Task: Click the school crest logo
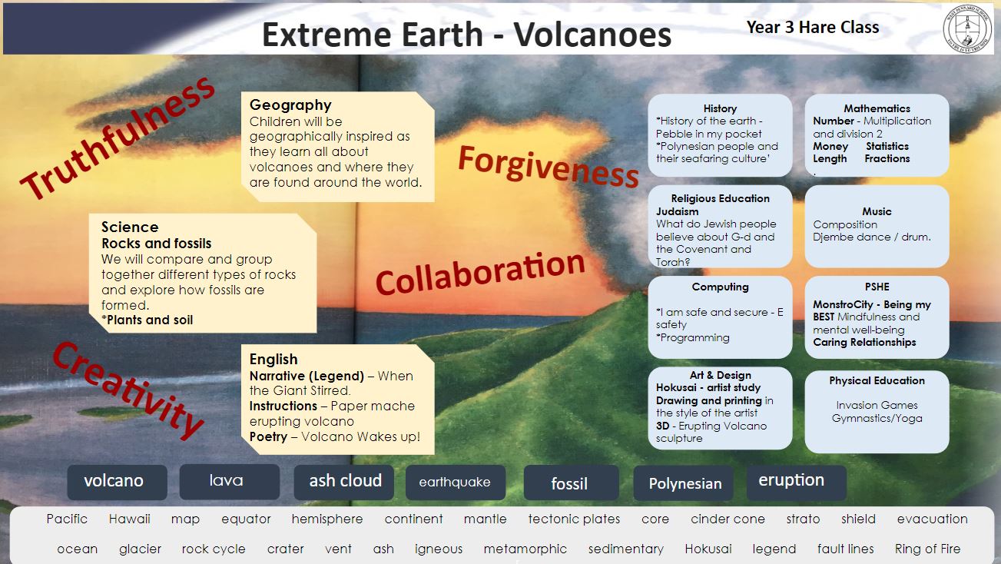pyautogui.click(x=967, y=29)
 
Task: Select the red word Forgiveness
pyautogui.click(x=549, y=166)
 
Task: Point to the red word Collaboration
pyautogui.click(x=480, y=273)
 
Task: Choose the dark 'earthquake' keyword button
pyautogui.click(x=456, y=483)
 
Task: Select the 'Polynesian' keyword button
pyautogui.click(x=683, y=483)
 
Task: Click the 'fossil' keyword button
pyautogui.click(x=571, y=483)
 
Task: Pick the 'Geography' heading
pyautogui.click(x=290, y=105)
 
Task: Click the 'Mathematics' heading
pyautogui.click(x=877, y=108)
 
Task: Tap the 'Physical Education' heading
pyautogui.click(x=877, y=380)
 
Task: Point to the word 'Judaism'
pyautogui.click(x=677, y=211)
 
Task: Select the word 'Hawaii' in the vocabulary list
pyautogui.click(x=130, y=519)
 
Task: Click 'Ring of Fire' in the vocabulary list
pyautogui.click(x=928, y=549)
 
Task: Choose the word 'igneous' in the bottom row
pyautogui.click(x=439, y=549)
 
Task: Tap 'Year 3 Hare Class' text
pyautogui.click(x=813, y=27)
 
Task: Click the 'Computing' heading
pyautogui.click(x=720, y=287)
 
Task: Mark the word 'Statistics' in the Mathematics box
pyautogui.click(x=887, y=146)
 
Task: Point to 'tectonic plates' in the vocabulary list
pyautogui.click(x=574, y=519)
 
